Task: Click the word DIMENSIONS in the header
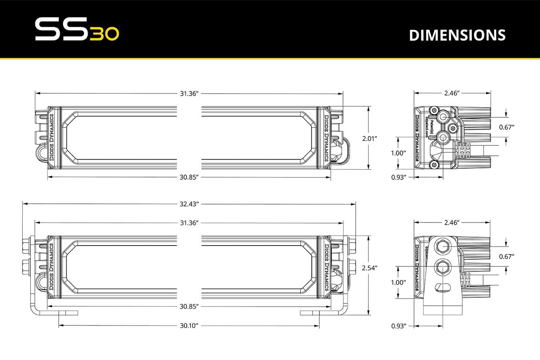point(457,35)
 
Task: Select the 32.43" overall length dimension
point(189,204)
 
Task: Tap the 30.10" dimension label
point(189,325)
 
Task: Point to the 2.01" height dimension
point(370,138)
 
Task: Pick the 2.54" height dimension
point(370,268)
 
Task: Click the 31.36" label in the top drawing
point(189,93)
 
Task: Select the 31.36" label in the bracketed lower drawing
point(189,222)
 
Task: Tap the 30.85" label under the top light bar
point(189,177)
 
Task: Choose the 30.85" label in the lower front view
point(189,307)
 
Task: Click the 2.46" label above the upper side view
point(451,93)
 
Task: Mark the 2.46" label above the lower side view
point(451,222)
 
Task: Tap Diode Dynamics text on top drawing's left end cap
point(52,138)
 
